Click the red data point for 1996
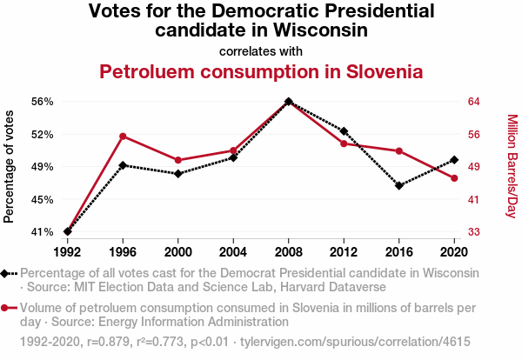coord(124,137)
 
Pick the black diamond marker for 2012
coord(344,131)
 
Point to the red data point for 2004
coord(233,151)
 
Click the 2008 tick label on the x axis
coord(289,252)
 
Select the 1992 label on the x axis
coord(68,252)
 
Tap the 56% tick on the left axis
coord(42,102)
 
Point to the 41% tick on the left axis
coord(42,232)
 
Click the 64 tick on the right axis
coord(474,102)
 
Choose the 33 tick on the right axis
coord(474,232)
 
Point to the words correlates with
coord(261,51)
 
